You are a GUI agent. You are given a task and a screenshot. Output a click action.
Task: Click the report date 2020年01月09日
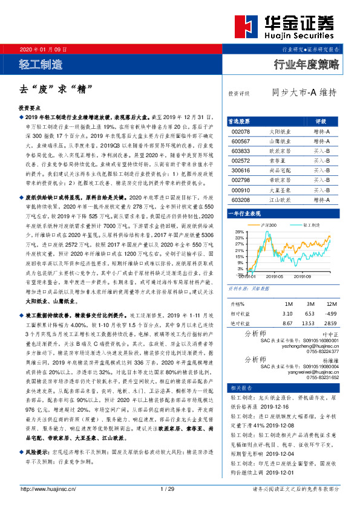click(44, 48)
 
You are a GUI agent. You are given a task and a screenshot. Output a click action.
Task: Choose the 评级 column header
click(321, 121)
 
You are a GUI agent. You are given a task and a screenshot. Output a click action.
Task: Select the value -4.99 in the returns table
click(330, 313)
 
